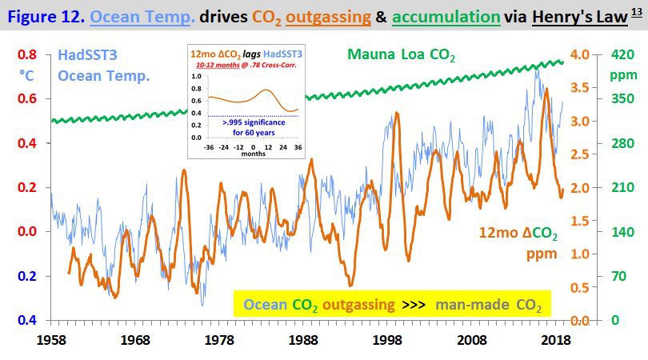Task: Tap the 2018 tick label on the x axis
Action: coord(555,339)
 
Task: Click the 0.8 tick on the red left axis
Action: coord(27,54)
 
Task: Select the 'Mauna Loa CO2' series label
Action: coord(401,55)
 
